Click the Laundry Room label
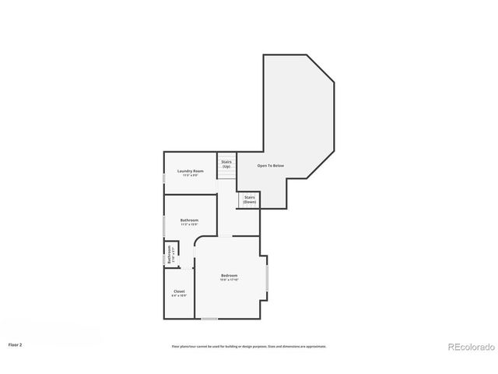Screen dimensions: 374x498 tap(190, 171)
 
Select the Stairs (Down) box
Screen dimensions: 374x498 tap(249, 199)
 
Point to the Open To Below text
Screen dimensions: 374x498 tap(271, 166)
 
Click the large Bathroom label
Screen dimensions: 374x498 tap(189, 221)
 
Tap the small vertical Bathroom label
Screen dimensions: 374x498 tap(169, 255)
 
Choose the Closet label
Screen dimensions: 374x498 tap(179, 291)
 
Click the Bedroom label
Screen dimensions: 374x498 tap(229, 276)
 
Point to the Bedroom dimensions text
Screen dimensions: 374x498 tap(229, 280)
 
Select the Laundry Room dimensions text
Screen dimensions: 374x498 tap(190, 175)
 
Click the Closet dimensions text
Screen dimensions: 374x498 tap(179, 296)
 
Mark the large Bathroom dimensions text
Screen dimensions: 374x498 tap(189, 225)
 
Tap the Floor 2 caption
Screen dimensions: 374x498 tap(16, 344)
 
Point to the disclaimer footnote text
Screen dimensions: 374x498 tap(249, 347)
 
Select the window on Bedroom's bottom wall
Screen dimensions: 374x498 tap(209, 318)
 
